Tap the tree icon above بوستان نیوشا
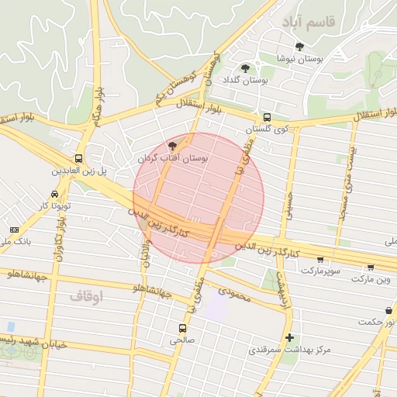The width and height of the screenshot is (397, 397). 300,47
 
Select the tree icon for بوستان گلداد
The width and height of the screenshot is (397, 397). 246,68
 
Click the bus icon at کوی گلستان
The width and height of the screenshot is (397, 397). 267,116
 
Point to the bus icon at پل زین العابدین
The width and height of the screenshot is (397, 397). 78,157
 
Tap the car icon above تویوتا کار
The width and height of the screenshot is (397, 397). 54,194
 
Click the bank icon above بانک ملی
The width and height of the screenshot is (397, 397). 14,230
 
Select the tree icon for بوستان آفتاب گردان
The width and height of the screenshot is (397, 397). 172,145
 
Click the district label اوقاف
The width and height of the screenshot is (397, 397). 85,295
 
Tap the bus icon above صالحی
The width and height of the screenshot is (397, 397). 183,328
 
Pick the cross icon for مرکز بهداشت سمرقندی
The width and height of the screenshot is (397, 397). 289,337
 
